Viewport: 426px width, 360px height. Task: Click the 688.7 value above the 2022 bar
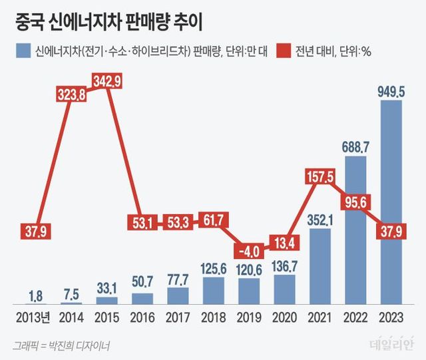click(x=356, y=146)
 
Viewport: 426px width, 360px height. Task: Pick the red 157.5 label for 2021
click(x=320, y=177)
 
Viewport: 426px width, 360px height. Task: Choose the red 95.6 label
click(x=356, y=202)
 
